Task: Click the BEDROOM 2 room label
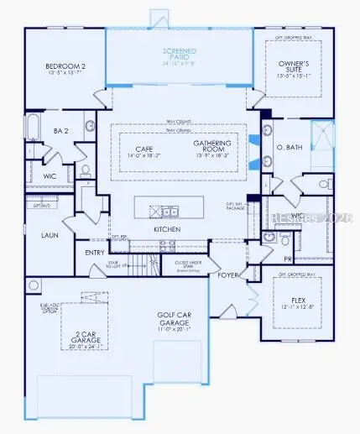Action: point(61,65)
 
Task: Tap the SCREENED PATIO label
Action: point(180,52)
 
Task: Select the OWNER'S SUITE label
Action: point(300,65)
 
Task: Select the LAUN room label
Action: point(49,235)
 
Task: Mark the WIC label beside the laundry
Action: point(49,175)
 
